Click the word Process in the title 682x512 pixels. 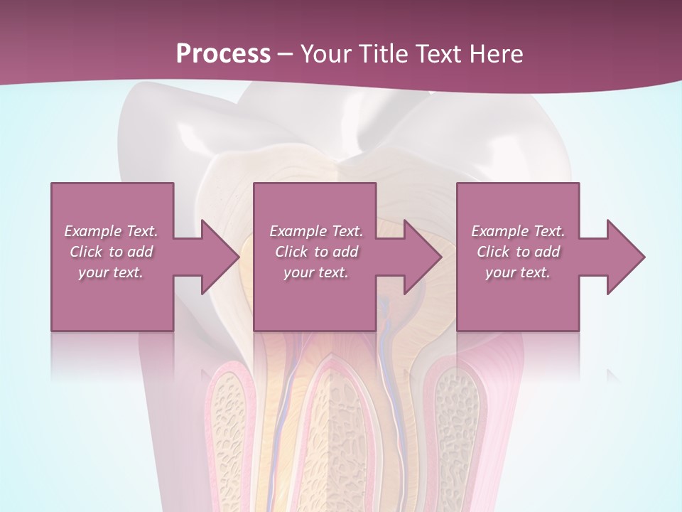pyautogui.click(x=223, y=53)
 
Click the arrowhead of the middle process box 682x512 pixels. pyautogui.click(x=421, y=257)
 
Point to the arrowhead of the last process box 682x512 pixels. pyautogui.click(x=624, y=257)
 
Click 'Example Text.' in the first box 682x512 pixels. pyautogui.click(x=111, y=231)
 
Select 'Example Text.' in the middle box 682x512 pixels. pyautogui.click(x=316, y=231)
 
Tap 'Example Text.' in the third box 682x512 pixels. pyautogui.click(x=518, y=231)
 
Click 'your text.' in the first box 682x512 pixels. pyautogui.click(x=111, y=272)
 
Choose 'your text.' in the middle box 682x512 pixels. pyautogui.click(x=316, y=272)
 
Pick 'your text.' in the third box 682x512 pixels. pyautogui.click(x=518, y=272)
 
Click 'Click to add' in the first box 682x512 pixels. pyautogui.click(x=111, y=252)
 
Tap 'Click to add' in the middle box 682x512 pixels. pyautogui.click(x=316, y=252)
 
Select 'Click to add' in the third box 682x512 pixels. pyautogui.click(x=518, y=252)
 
